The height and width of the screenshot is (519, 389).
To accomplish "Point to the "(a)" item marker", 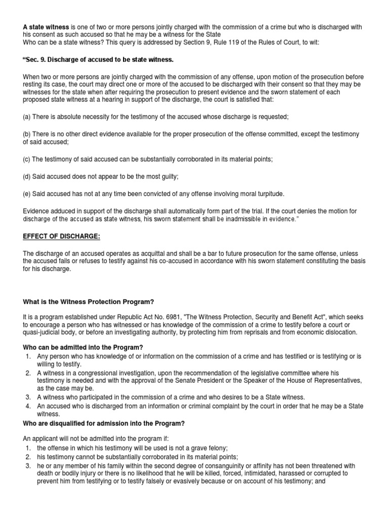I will click(27, 117).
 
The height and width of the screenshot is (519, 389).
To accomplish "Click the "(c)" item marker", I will click(27, 159).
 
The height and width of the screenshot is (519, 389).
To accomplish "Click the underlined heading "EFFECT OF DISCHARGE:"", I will click(62, 237).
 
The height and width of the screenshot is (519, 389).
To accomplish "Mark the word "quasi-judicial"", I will click(43, 332).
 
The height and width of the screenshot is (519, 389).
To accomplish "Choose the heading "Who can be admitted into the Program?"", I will click(83, 347).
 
